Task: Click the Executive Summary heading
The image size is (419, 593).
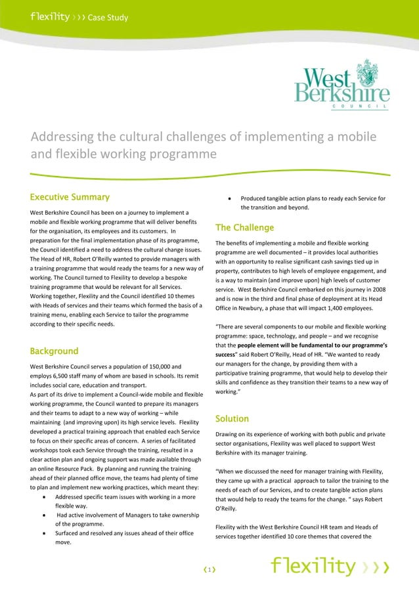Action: (70, 197)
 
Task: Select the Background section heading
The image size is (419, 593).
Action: (55, 351)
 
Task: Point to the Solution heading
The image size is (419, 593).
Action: (232, 418)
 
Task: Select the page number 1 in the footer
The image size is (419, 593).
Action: (208, 570)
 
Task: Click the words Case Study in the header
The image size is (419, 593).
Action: (108, 17)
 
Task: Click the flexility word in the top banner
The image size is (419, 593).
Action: (49, 16)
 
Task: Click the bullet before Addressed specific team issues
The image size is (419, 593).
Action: (43, 498)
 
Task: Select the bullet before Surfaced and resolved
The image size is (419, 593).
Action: (43, 533)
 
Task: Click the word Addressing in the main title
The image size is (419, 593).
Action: (62, 138)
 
